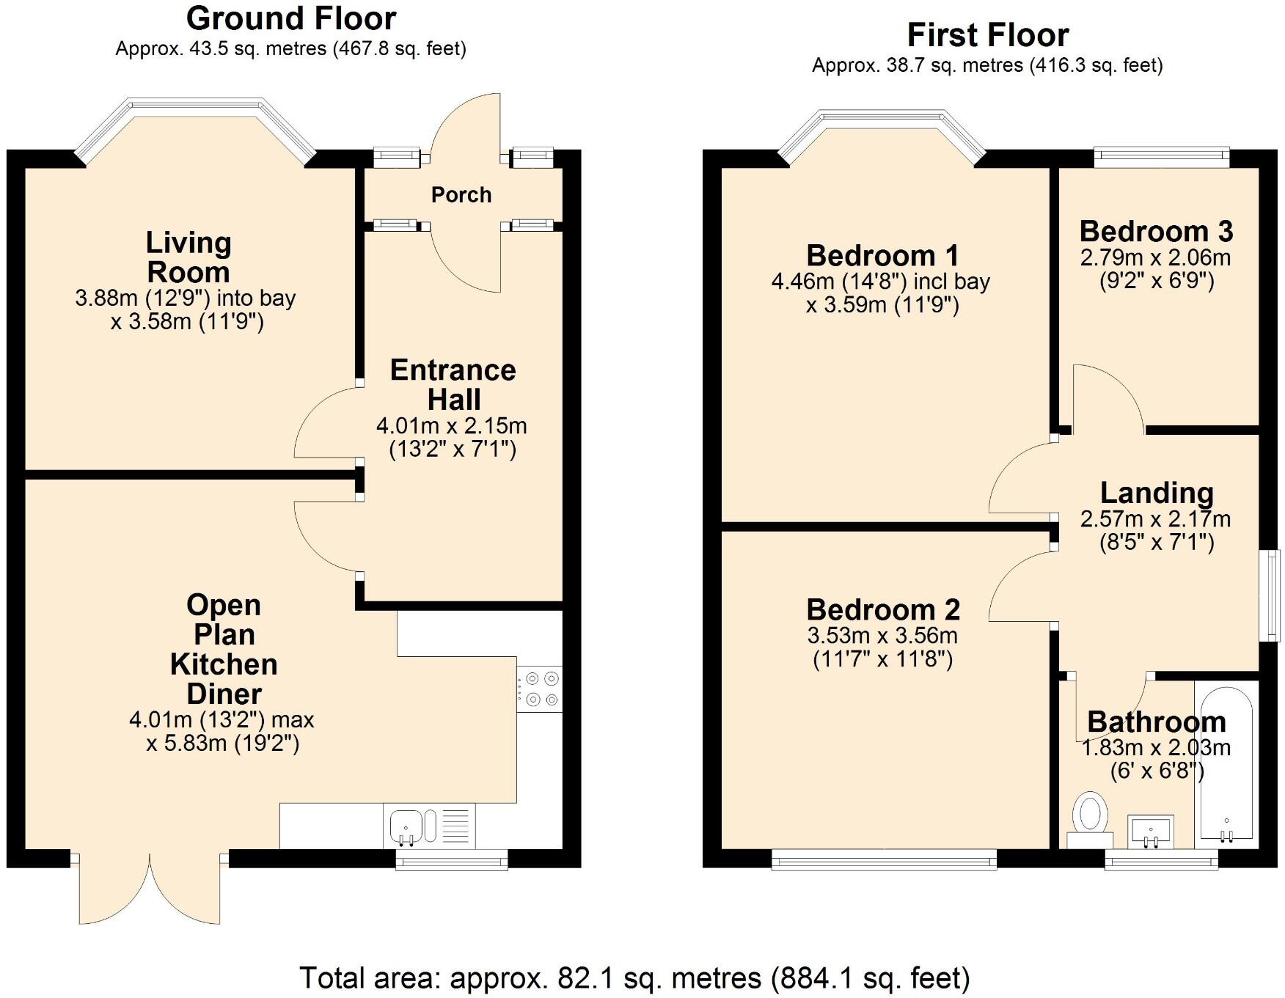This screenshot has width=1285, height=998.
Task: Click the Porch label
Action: click(x=461, y=195)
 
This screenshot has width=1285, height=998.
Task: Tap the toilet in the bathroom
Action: click(x=1090, y=820)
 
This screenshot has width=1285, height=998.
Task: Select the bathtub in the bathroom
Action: click(x=1225, y=763)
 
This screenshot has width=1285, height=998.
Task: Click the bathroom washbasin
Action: click(x=1151, y=831)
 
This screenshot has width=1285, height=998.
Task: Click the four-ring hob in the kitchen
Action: click(x=539, y=689)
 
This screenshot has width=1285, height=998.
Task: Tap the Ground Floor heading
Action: click(x=291, y=18)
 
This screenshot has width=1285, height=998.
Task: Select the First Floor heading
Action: click(x=988, y=34)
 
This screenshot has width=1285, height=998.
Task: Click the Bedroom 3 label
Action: click(x=1156, y=232)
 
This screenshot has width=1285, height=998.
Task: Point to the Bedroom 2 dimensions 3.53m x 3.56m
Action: click(x=882, y=636)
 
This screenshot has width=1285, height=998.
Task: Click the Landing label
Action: click(x=1157, y=493)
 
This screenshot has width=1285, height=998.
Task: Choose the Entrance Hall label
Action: click(x=453, y=385)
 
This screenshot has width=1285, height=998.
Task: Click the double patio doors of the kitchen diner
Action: click(x=150, y=887)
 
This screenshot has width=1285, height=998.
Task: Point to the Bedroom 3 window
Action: click(x=1162, y=155)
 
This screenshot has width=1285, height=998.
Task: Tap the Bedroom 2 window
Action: click(x=884, y=859)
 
